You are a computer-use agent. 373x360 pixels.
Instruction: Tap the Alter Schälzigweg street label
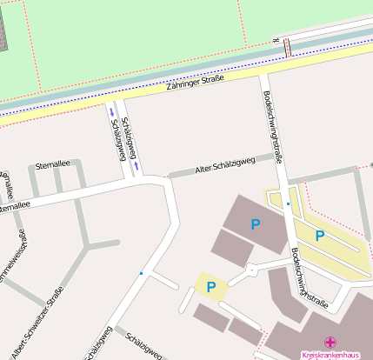(x=225, y=163)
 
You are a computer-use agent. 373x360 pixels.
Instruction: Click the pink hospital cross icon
(x=330, y=343)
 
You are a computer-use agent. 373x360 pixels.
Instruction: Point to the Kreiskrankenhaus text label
(x=330, y=355)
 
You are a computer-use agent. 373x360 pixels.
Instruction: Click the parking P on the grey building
(x=256, y=224)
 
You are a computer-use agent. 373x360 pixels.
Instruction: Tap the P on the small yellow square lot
(x=210, y=285)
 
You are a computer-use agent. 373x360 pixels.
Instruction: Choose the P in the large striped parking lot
(x=320, y=235)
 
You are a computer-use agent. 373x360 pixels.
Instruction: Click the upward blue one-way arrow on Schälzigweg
(x=111, y=112)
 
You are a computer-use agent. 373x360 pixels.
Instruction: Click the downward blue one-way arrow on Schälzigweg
(x=136, y=164)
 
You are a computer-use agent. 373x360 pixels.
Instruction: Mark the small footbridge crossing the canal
(x=288, y=46)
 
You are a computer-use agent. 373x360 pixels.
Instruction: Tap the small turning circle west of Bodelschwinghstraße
(x=252, y=270)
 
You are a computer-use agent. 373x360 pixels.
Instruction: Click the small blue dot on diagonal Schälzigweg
(x=141, y=273)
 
